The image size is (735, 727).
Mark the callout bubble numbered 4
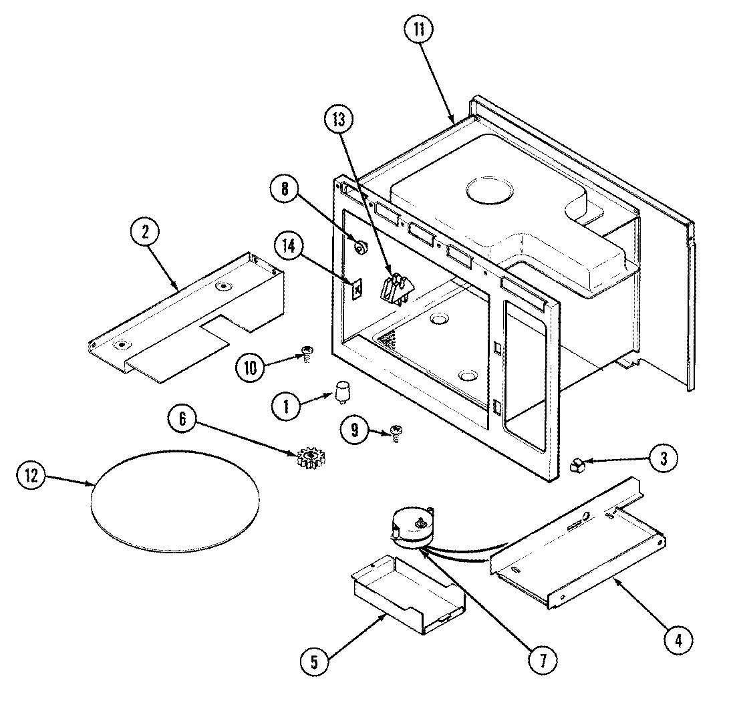pyautogui.click(x=678, y=640)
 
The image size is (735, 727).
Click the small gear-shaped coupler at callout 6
pyautogui.click(x=309, y=458)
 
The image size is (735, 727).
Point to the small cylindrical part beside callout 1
pyautogui.click(x=343, y=392)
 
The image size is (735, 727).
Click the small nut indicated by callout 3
pyautogui.click(x=575, y=464)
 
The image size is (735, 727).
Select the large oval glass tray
pyautogui.click(x=174, y=501)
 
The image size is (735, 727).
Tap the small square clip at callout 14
pyautogui.click(x=357, y=289)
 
